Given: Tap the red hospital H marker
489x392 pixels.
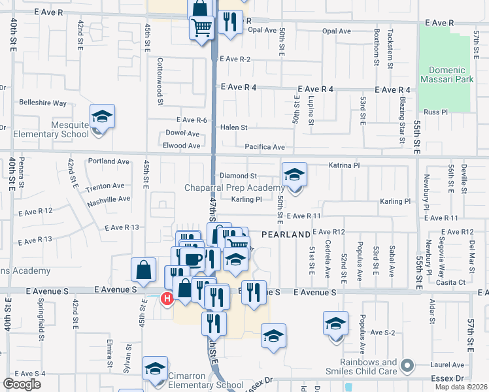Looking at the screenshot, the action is tap(167, 299).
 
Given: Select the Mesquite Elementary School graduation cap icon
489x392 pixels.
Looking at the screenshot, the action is tap(102, 117).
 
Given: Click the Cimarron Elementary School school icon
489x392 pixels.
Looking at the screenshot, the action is tap(155, 369).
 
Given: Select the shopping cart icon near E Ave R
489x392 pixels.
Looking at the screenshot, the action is tap(202, 27).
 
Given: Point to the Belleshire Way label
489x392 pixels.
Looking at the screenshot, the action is tap(43, 103).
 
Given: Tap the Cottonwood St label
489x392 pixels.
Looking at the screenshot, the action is tap(160, 81).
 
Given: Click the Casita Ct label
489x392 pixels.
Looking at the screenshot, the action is tap(452, 282).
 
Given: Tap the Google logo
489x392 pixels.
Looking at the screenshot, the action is tap(22, 384).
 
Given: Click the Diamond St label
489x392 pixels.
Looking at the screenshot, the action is tap(238, 176).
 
